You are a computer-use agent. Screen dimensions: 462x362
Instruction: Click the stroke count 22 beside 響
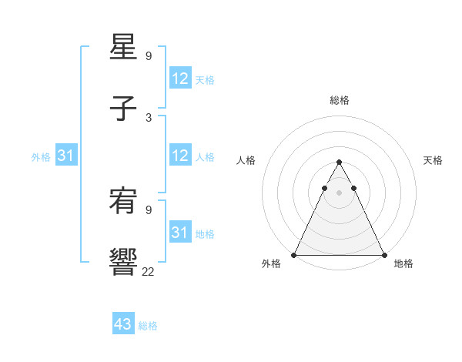[148, 270]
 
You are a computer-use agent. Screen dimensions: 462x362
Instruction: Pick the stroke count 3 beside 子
[149, 117]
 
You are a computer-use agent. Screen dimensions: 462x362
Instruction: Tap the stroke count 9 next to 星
[149, 56]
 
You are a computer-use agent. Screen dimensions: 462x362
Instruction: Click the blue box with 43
[123, 324]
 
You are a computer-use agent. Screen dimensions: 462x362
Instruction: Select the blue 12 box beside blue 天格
[180, 79]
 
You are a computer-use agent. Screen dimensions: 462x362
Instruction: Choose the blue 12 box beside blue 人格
[180, 156]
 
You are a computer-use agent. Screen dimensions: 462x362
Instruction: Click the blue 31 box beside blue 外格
[66, 156]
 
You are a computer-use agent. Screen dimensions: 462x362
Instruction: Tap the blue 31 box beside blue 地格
[180, 233]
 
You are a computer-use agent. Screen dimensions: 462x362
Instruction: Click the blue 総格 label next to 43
[148, 326]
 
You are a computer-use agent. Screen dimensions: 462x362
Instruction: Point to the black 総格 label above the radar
[340, 100]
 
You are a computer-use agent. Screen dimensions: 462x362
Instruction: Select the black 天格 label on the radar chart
[433, 160]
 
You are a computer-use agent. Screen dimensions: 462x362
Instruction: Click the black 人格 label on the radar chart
[246, 160]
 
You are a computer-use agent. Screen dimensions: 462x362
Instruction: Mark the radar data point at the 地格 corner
[383, 255]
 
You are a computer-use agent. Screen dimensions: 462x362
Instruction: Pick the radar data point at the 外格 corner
[294, 255]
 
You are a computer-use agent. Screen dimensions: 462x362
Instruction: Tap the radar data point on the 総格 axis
[339, 163]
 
